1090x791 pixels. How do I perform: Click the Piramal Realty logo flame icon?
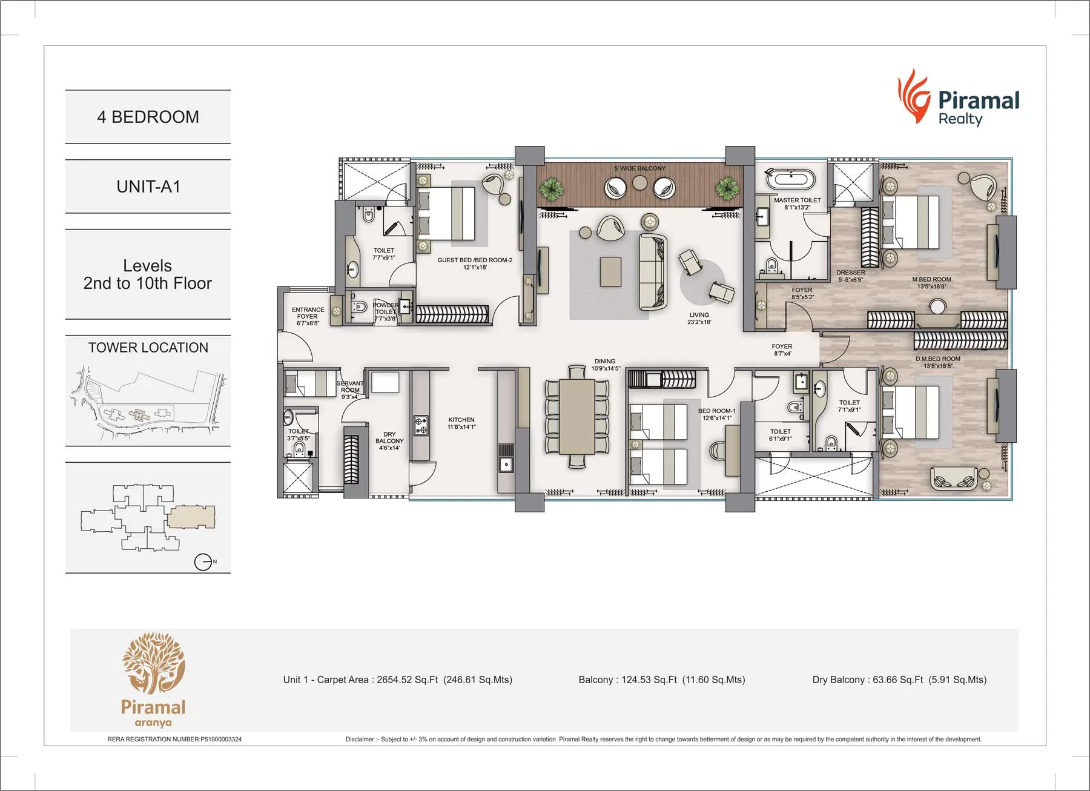coord(913,97)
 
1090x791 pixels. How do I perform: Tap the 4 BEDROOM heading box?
coord(148,117)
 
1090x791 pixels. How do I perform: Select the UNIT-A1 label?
coord(148,187)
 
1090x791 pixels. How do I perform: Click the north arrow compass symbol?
coord(203,562)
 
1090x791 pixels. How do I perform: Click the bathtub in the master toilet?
coord(791,179)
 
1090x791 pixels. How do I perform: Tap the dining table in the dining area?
coord(577,416)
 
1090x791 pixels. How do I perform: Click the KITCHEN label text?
coord(461,420)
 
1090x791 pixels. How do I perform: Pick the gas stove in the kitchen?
coord(421,425)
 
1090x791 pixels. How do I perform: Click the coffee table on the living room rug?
coord(610,271)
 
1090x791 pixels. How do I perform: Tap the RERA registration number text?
coord(174,739)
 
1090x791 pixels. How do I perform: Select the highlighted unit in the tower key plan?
coord(191,517)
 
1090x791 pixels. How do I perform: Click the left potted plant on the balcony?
coord(551,188)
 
